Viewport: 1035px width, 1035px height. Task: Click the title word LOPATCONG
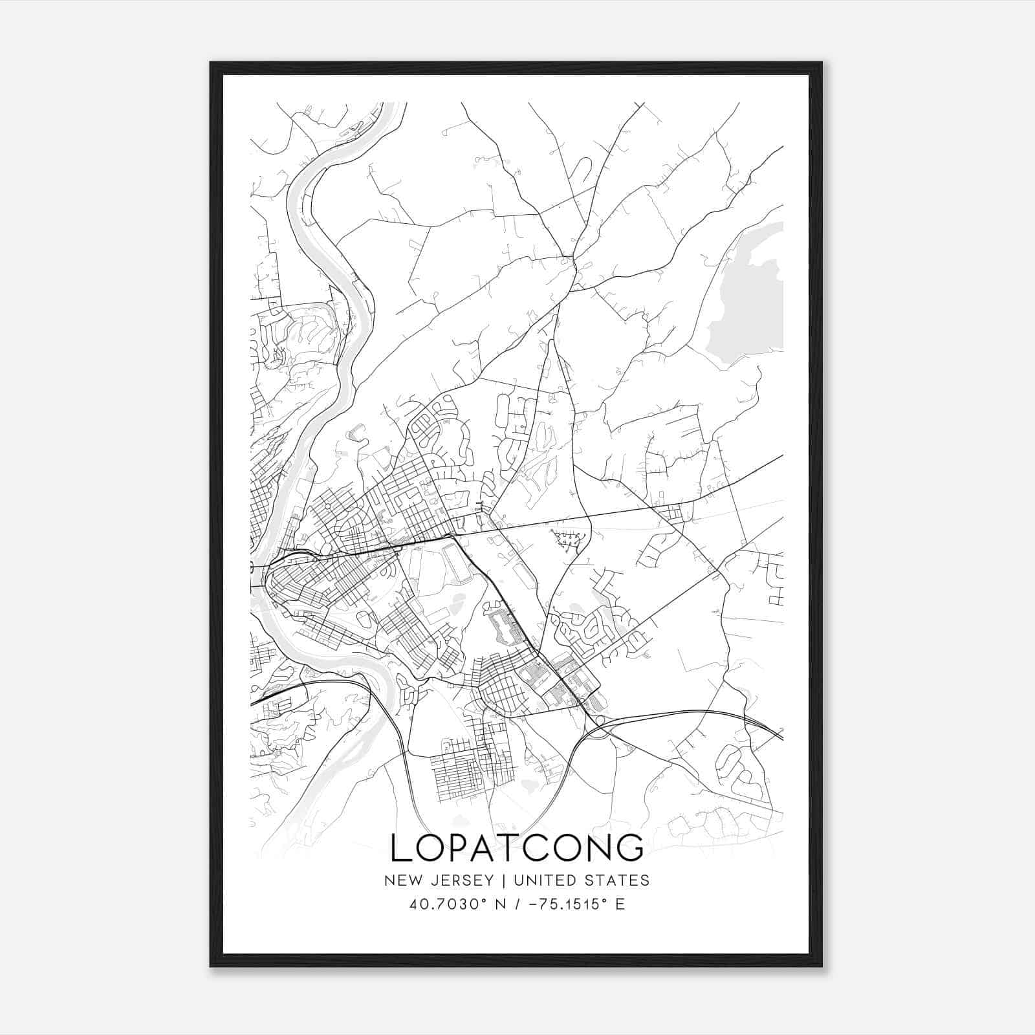point(517,848)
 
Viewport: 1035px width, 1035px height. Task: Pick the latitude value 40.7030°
point(447,904)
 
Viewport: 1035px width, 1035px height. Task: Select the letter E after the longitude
point(620,904)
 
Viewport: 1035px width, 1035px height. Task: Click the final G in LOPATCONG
point(631,848)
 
